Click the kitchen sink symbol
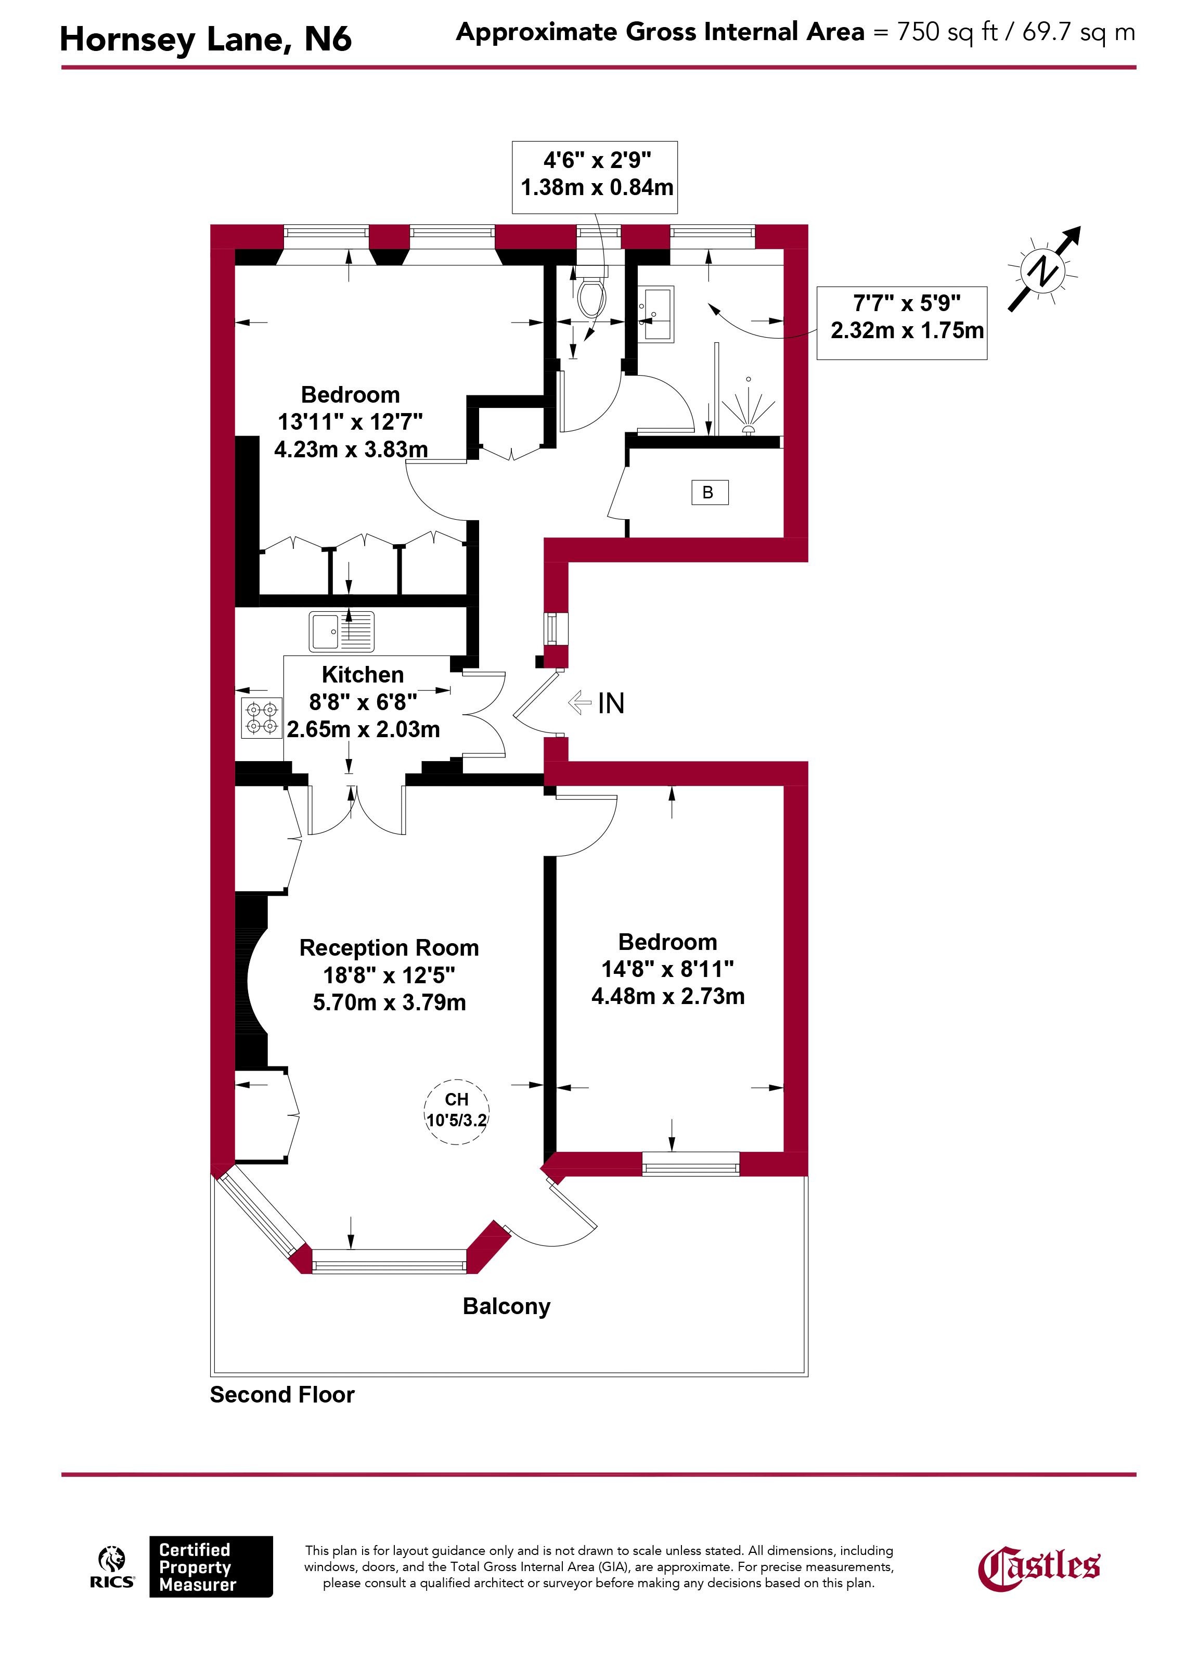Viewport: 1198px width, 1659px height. pyautogui.click(x=341, y=631)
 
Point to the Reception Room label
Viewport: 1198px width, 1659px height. pyautogui.click(x=389, y=947)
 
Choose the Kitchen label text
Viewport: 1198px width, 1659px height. pyautogui.click(x=363, y=674)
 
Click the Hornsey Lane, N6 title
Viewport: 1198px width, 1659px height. pyautogui.click(x=205, y=39)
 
